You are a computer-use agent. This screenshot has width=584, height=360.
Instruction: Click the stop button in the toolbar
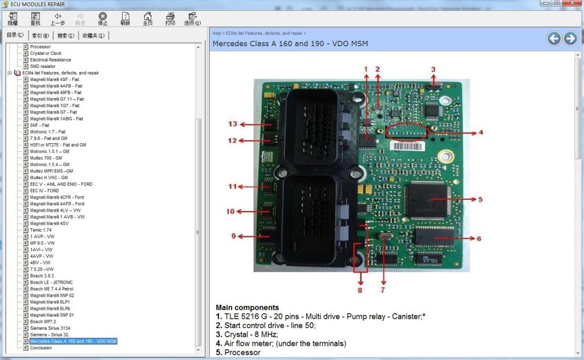click(103, 19)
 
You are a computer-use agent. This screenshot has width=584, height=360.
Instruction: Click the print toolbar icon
click(170, 19)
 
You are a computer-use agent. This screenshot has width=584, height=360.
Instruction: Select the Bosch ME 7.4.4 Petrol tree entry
click(51, 289)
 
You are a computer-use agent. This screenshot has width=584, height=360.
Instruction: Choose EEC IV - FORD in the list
click(44, 191)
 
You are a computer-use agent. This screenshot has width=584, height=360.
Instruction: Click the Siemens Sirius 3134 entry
click(50, 328)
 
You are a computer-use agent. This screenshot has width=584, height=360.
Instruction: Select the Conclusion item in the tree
click(40, 347)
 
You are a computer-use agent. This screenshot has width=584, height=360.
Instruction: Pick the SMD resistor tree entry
click(43, 66)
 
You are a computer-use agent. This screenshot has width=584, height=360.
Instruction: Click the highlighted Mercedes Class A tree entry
click(73, 341)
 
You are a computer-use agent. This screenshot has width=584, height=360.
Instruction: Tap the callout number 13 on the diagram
click(232, 124)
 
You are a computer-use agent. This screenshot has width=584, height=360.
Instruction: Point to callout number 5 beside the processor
click(480, 200)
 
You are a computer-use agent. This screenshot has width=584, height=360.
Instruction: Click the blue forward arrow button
click(570, 38)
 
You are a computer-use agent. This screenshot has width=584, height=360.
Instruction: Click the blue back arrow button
click(554, 38)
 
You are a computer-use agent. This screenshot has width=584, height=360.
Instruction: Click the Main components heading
click(247, 308)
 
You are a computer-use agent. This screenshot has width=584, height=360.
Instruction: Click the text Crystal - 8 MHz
click(251, 334)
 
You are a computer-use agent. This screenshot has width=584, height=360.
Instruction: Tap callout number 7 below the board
click(383, 290)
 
